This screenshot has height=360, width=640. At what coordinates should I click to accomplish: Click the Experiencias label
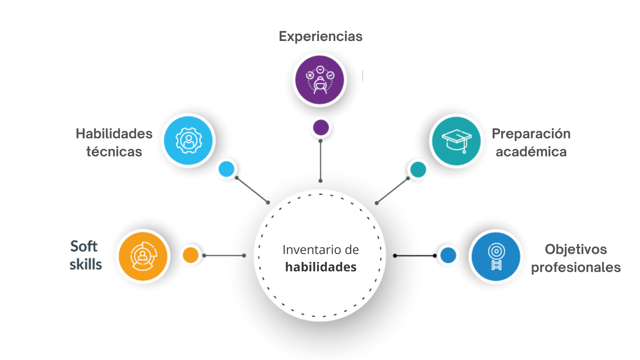point(320,36)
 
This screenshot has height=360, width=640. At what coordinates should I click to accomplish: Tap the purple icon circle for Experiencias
point(320,80)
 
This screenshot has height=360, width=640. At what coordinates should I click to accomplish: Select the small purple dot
point(321,127)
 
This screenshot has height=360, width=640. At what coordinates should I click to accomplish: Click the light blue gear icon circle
point(189,140)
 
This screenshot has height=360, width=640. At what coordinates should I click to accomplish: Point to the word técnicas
point(114,152)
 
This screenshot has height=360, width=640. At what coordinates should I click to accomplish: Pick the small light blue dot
point(227,169)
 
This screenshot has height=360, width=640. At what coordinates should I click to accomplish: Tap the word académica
point(531,152)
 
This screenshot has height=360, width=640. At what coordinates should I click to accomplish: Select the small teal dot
point(418,169)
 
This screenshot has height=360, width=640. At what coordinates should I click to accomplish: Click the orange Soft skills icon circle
point(143,256)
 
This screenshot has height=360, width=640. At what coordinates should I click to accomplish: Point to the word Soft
point(84,246)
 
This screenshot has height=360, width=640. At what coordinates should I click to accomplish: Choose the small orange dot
point(191,255)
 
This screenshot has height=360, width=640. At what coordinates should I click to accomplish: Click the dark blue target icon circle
point(496,256)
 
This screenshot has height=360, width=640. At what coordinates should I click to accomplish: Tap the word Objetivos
point(576,249)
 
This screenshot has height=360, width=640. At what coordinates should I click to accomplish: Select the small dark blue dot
point(448,255)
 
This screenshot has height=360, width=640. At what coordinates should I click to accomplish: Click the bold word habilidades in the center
point(321,267)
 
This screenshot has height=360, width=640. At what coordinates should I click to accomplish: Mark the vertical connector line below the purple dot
point(320,161)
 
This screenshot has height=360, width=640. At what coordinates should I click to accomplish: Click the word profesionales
point(576,267)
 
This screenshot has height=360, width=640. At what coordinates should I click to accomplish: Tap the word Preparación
point(531,134)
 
